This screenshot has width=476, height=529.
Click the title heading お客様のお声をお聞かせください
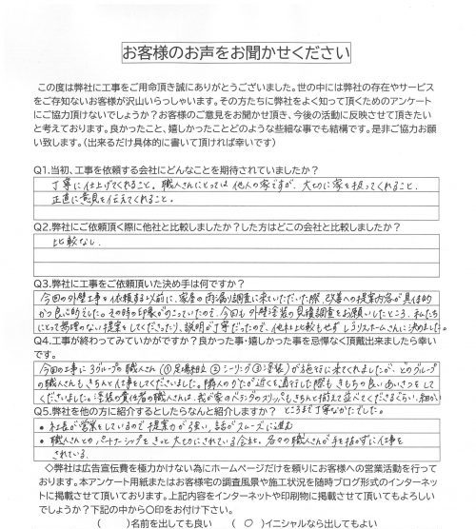(237, 50)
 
